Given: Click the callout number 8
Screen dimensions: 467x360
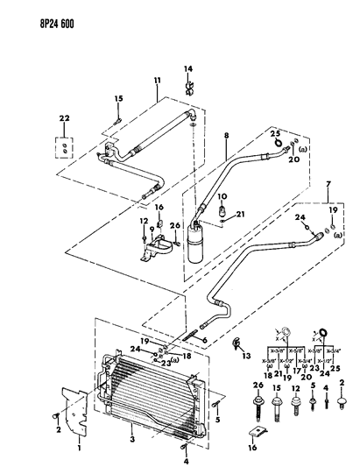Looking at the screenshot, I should [x=225, y=136].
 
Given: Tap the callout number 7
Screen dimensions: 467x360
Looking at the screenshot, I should [x=328, y=184].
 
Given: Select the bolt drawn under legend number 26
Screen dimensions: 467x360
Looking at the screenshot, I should [x=258, y=408].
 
